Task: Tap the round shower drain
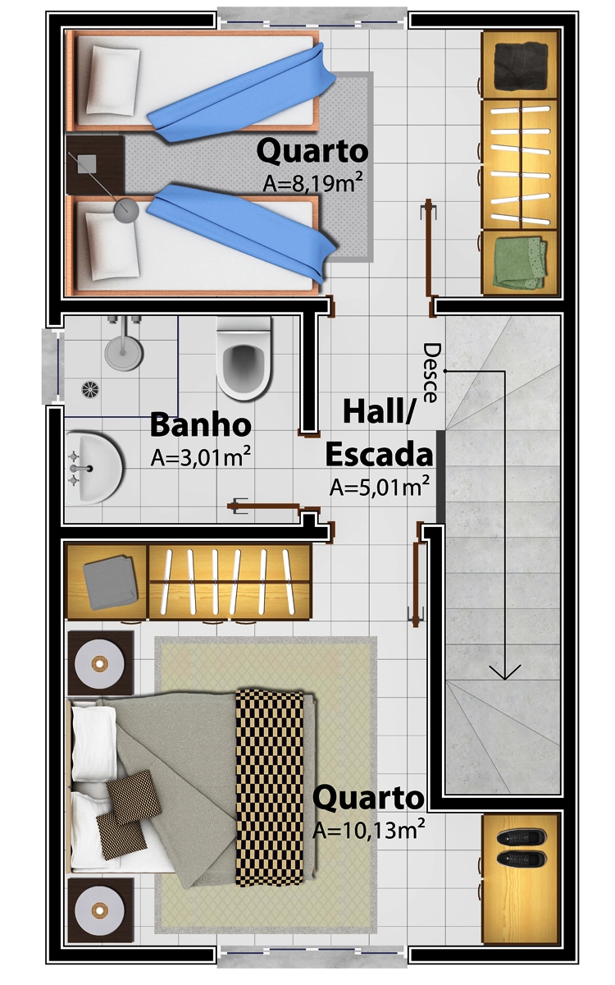(x=90, y=389)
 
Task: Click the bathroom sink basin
(x=96, y=467)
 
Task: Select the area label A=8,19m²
(x=312, y=183)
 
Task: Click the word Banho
(x=201, y=425)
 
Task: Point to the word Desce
(x=431, y=373)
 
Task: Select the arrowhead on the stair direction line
(x=505, y=671)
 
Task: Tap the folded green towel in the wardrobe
(x=520, y=263)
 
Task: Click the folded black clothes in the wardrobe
(x=521, y=65)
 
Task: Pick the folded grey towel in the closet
(x=110, y=583)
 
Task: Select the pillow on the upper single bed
(x=113, y=81)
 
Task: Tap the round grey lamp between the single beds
(x=126, y=210)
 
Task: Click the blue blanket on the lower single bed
(x=242, y=232)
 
